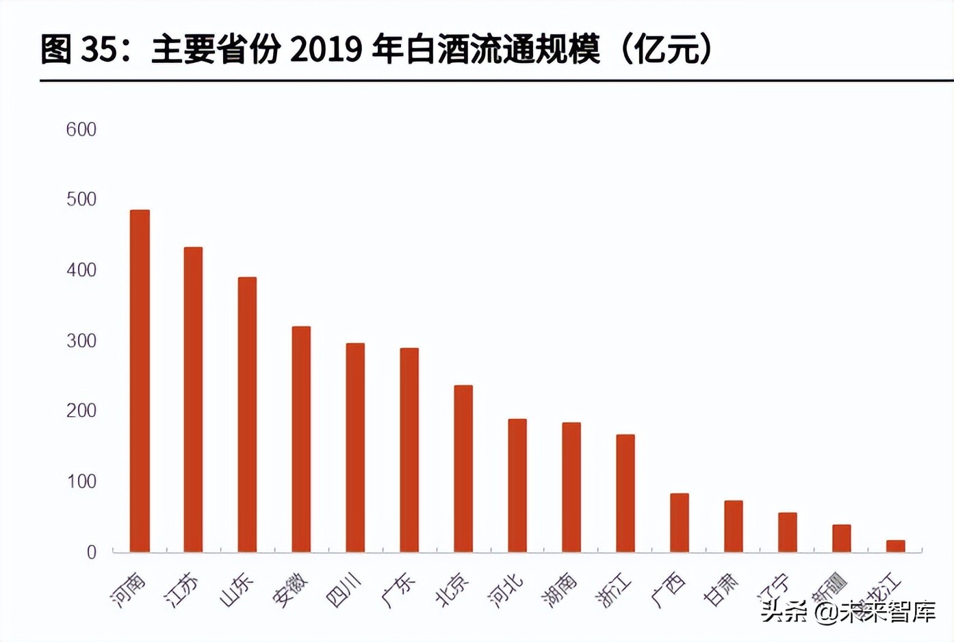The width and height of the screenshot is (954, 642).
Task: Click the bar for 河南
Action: [x=140, y=381]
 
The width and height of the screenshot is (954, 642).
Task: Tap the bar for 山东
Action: [x=247, y=414]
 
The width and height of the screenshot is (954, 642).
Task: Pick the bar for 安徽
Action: [x=301, y=439]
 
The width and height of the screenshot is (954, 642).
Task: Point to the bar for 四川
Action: [x=355, y=447]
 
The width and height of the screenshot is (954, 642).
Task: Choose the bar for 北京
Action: [x=463, y=468]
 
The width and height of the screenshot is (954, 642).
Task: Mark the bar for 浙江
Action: [x=626, y=493]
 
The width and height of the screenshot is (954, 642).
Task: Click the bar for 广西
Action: [x=680, y=522]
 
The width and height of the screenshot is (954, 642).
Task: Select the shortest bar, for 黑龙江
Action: [x=895, y=545]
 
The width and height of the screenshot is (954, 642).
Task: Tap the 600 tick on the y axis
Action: [x=81, y=129]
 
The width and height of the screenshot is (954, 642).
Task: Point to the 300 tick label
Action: [x=81, y=340]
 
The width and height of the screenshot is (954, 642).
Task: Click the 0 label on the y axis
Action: [x=91, y=552]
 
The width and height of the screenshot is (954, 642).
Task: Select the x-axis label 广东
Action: [x=398, y=590]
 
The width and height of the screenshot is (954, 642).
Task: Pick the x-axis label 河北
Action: [x=506, y=590]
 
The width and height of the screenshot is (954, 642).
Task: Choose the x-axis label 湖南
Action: [x=560, y=590]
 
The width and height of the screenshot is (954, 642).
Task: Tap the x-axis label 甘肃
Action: [x=721, y=590]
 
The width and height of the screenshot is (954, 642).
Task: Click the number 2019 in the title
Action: [x=326, y=49]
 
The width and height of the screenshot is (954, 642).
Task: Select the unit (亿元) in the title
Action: [x=667, y=49]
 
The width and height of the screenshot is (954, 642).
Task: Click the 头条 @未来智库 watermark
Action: [x=849, y=611]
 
